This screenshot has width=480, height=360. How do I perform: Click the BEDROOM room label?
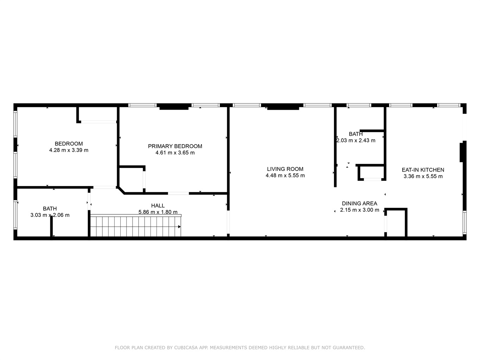click(x=69, y=143)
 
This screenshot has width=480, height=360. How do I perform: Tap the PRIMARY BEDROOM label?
click(x=175, y=146)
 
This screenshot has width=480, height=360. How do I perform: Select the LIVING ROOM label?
click(x=285, y=169)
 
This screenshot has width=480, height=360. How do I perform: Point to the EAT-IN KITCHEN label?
click(x=423, y=170)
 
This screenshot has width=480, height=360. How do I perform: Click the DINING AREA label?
click(x=359, y=204)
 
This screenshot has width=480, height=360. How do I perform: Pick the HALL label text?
click(x=158, y=206)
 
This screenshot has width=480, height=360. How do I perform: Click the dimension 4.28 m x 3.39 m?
click(x=69, y=150)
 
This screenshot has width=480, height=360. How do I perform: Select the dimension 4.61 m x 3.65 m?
click(x=175, y=153)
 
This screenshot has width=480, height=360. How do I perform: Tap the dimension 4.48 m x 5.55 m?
click(x=285, y=175)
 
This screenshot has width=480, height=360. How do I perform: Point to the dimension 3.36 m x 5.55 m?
click(x=423, y=176)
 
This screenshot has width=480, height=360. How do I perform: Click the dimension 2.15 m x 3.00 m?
click(x=359, y=210)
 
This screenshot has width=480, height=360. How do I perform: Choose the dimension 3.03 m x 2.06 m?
click(x=50, y=215)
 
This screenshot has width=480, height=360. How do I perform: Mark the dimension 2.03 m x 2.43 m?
click(x=356, y=140)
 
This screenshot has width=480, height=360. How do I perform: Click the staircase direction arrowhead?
click(x=179, y=227)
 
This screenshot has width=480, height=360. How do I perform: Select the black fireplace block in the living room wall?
click(x=283, y=108)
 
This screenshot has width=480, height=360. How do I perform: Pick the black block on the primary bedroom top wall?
click(x=174, y=108)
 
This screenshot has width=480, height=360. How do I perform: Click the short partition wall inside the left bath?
click(x=51, y=226)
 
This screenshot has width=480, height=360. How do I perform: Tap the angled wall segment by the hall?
click(x=121, y=190)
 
